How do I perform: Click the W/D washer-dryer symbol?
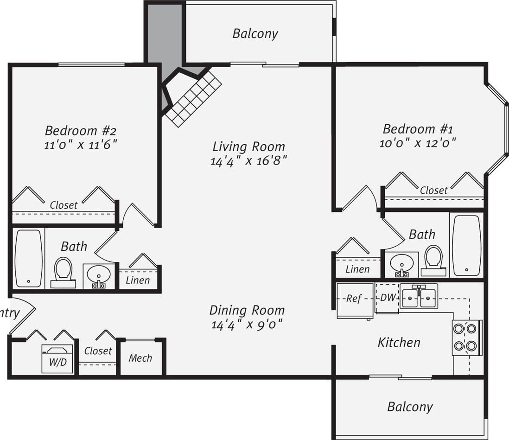pyautogui.click(x=57, y=358)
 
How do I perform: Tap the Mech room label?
pyautogui.click(x=140, y=358)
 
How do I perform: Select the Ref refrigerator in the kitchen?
pyautogui.click(x=354, y=299)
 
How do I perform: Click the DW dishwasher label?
pyautogui.click(x=388, y=298)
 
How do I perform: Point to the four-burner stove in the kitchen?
pyautogui.click(x=465, y=338)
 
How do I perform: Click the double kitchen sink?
pyautogui.click(x=419, y=296)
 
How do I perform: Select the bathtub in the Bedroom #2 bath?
pyautogui.click(x=29, y=258)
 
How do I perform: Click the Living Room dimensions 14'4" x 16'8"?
pyautogui.click(x=248, y=161)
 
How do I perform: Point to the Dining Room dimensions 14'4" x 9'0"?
pyautogui.click(x=246, y=324)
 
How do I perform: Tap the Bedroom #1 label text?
pyautogui.click(x=418, y=128)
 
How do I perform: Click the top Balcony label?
pyautogui.click(x=255, y=33)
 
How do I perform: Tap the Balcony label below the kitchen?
pyautogui.click(x=410, y=407)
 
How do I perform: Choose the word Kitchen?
pyautogui.click(x=399, y=343)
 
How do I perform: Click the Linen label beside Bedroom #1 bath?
pyautogui.click(x=357, y=269)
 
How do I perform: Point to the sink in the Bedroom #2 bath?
pyautogui.click(x=98, y=276)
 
